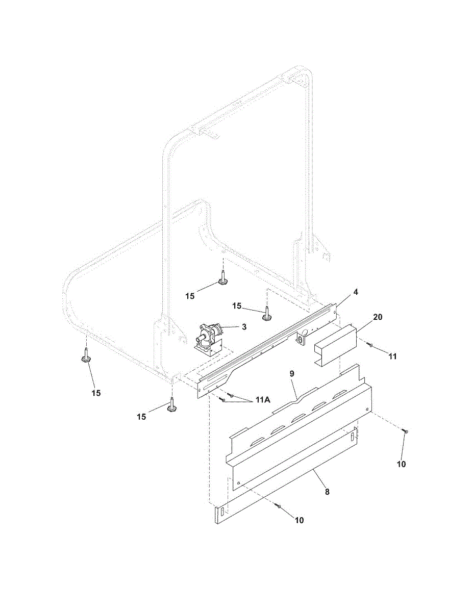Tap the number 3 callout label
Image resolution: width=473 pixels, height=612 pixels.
(x=244, y=327)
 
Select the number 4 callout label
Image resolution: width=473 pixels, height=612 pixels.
(x=356, y=292)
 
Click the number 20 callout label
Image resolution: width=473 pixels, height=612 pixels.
(x=378, y=317)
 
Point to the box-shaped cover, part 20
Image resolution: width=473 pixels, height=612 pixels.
(x=334, y=346)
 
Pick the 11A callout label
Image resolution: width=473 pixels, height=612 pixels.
(x=263, y=400)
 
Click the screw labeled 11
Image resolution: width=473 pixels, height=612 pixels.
(x=371, y=346)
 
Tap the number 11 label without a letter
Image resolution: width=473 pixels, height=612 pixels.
(x=392, y=356)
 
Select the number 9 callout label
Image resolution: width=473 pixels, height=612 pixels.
(x=292, y=374)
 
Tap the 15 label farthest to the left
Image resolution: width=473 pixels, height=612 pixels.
(x=96, y=393)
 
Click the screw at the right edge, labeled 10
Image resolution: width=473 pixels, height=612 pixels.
(x=405, y=431)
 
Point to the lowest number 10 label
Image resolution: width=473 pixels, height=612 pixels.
(x=299, y=520)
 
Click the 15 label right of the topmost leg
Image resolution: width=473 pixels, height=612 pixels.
(x=237, y=305)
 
